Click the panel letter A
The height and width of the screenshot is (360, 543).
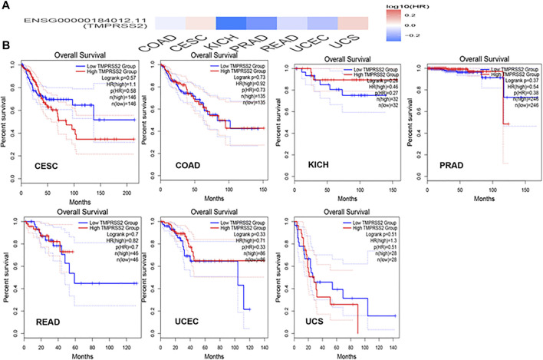coord(6,6)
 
